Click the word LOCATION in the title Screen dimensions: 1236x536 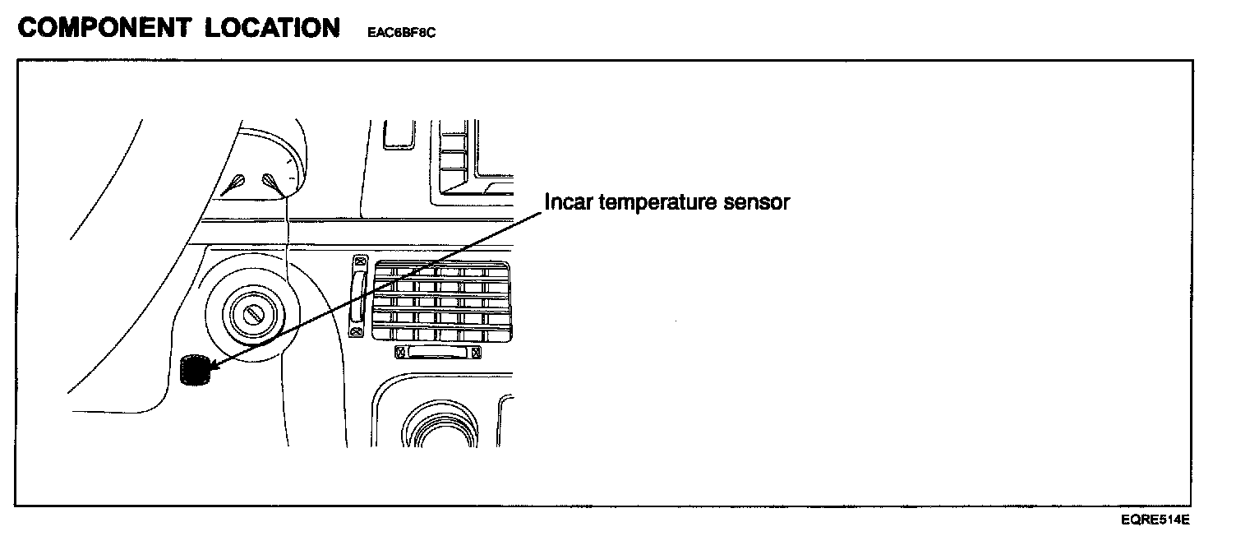(272, 28)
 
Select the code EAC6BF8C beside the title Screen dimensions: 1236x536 (402, 34)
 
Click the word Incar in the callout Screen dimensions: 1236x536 (569, 201)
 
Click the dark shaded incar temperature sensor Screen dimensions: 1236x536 (194, 370)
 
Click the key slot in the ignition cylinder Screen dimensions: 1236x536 (249, 313)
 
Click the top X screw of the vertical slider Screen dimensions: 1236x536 (357, 261)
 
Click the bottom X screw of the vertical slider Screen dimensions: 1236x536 (357, 331)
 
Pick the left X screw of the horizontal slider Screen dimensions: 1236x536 (401, 352)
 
